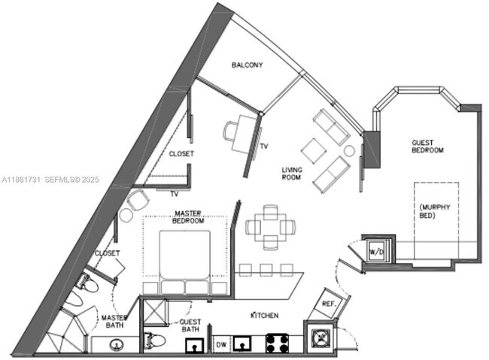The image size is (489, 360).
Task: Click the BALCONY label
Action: click(x=247, y=65)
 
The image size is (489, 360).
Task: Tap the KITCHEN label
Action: click(x=264, y=316)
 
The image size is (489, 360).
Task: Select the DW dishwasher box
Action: click(x=221, y=344)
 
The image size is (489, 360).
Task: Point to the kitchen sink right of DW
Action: click(x=243, y=344)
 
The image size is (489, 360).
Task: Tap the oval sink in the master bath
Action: click(x=117, y=345)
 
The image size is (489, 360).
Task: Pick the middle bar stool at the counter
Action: click(x=265, y=268)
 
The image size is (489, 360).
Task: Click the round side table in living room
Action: click(x=349, y=150)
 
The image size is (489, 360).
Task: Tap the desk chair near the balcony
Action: click(x=231, y=132)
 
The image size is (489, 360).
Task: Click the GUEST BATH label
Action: click(x=190, y=325)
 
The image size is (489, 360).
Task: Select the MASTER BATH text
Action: click(x=115, y=322)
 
